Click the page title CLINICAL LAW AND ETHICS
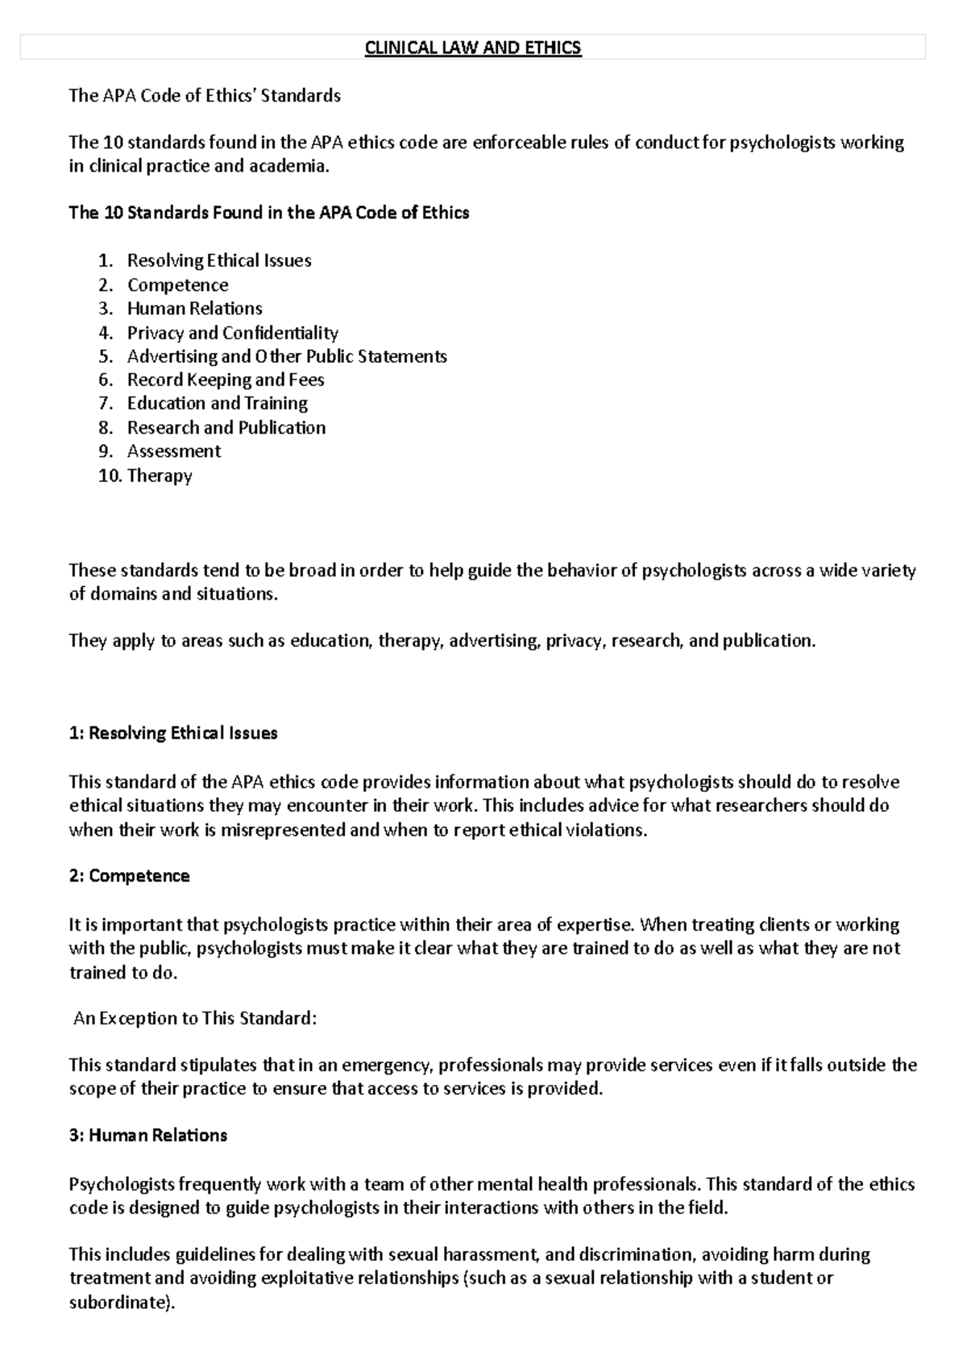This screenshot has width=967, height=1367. pos(473,48)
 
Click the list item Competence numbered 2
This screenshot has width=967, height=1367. pos(177,285)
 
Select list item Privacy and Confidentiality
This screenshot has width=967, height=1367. pos(232,333)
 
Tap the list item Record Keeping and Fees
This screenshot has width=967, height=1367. pos(226,380)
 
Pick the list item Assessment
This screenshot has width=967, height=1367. pos(173,451)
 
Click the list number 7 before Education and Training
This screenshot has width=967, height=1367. pos(106,404)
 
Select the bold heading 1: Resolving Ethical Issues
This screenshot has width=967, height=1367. pos(173,733)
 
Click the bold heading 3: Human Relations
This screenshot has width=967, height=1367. pos(148,1136)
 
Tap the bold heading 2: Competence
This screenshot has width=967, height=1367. pos(129,876)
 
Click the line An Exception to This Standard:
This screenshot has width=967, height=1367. pos(195,1019)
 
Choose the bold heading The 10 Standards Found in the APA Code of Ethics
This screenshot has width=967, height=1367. pos(269,214)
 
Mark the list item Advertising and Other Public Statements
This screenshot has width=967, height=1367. pos(287,356)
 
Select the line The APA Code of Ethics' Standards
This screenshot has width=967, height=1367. pos(205,96)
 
